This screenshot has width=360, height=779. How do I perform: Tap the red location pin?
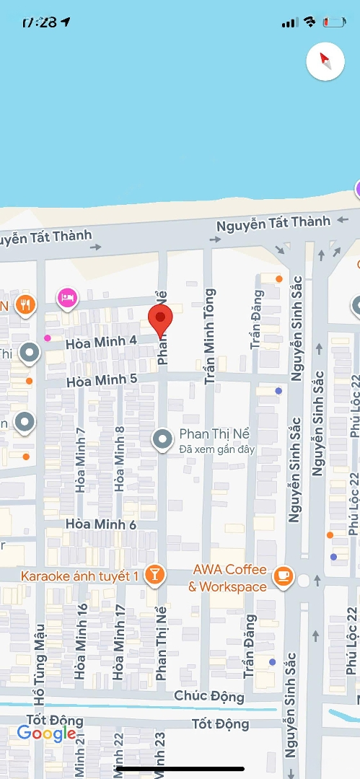[160, 318]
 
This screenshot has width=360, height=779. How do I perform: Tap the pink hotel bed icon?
[67, 296]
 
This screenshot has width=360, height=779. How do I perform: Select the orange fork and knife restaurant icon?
[26, 305]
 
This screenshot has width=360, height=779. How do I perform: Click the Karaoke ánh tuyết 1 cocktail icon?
[154, 575]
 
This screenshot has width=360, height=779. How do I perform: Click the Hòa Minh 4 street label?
[101, 341]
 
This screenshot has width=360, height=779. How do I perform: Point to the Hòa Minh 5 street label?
[101, 379]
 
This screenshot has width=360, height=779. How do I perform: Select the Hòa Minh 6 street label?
[101, 524]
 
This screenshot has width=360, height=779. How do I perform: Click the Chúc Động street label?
[208, 696]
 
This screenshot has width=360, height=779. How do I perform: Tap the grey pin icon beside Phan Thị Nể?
[162, 439]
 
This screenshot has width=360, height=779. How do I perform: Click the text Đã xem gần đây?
[217, 450]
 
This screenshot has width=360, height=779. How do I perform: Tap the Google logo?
[46, 734]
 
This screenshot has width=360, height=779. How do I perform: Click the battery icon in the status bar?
[334, 22]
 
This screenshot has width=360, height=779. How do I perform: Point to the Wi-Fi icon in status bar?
[309, 22]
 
